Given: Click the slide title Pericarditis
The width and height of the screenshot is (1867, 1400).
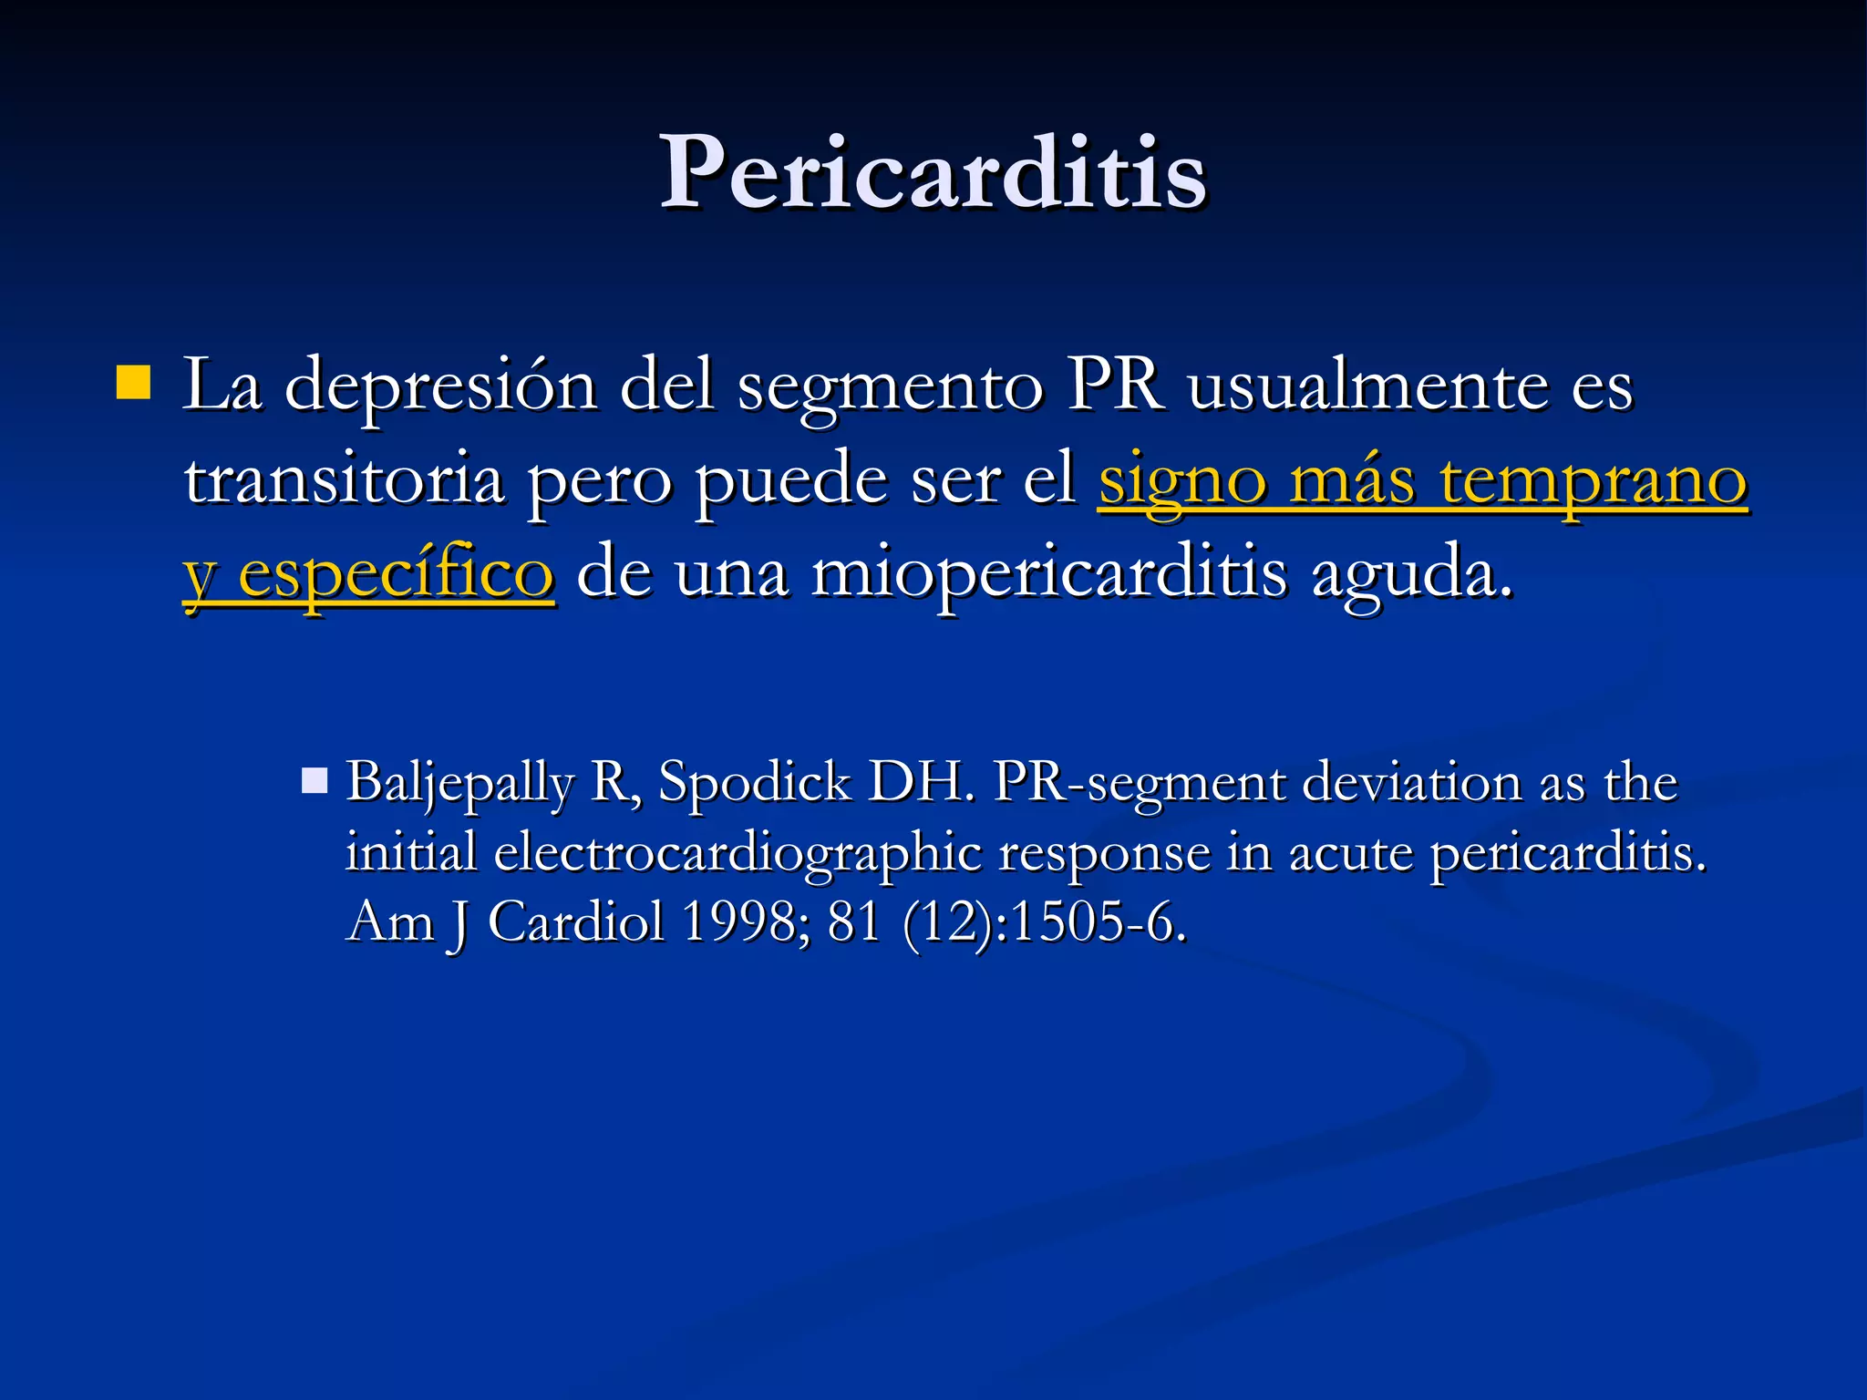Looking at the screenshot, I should tap(933, 172).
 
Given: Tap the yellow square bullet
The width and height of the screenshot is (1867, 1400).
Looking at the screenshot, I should tap(133, 383).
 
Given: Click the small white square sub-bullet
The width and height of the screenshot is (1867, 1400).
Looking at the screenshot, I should tap(315, 781).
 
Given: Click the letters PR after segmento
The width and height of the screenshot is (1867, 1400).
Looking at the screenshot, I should tap(1116, 384).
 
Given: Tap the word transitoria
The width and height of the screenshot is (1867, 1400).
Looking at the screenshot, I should tap(345, 479).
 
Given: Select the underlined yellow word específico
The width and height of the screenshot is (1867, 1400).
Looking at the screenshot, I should tap(396, 575).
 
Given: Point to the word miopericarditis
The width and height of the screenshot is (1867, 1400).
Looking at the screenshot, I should tap(1049, 575).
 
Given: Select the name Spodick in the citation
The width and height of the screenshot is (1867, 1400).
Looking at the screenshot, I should tap(755, 782).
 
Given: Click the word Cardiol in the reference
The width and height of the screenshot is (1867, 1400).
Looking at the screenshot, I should tap(576, 921).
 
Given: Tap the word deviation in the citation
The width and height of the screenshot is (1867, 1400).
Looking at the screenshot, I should tap(1412, 782).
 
